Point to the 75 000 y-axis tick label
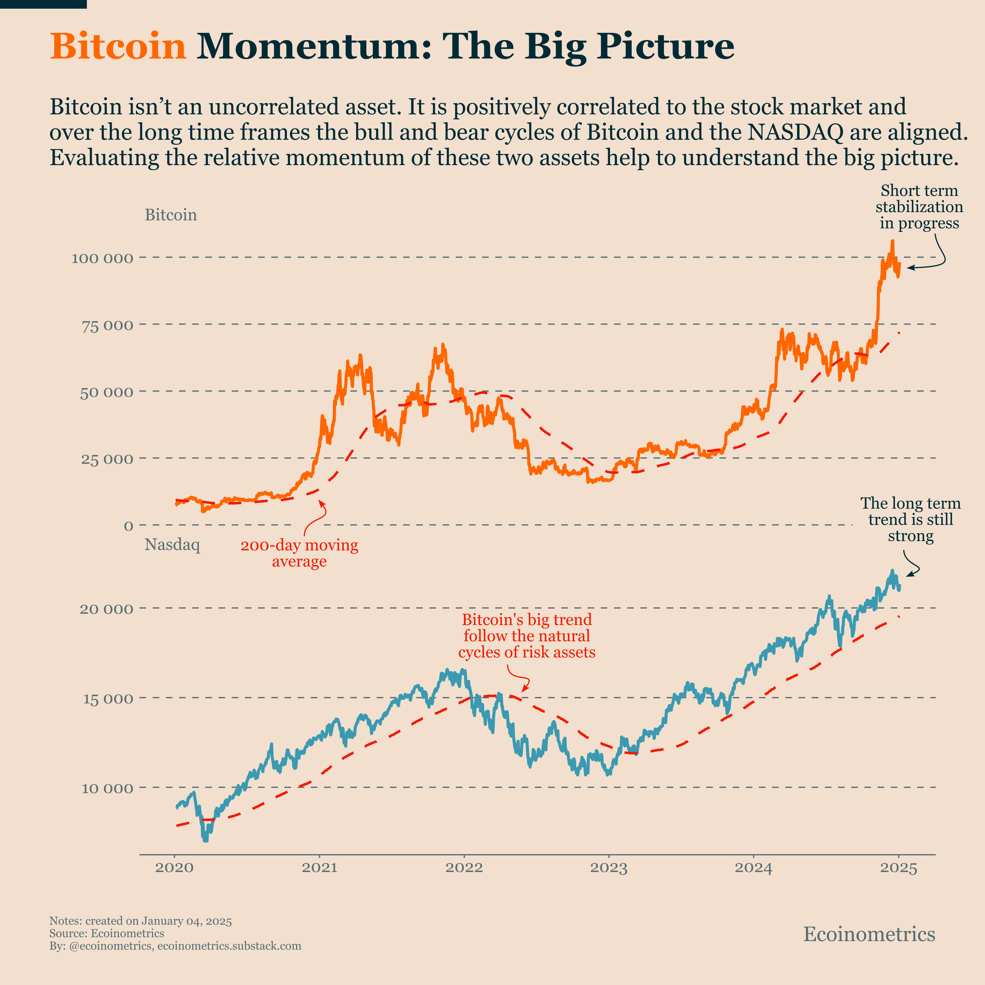pyautogui.click(x=107, y=325)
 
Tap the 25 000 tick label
pyautogui.click(x=107, y=459)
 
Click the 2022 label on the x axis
pyautogui.click(x=464, y=868)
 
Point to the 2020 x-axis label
pyautogui.click(x=174, y=868)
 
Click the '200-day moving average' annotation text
pyautogui.click(x=299, y=553)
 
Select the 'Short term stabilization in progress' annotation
pyautogui.click(x=919, y=207)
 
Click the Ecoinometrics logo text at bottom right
pyautogui.click(x=869, y=934)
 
